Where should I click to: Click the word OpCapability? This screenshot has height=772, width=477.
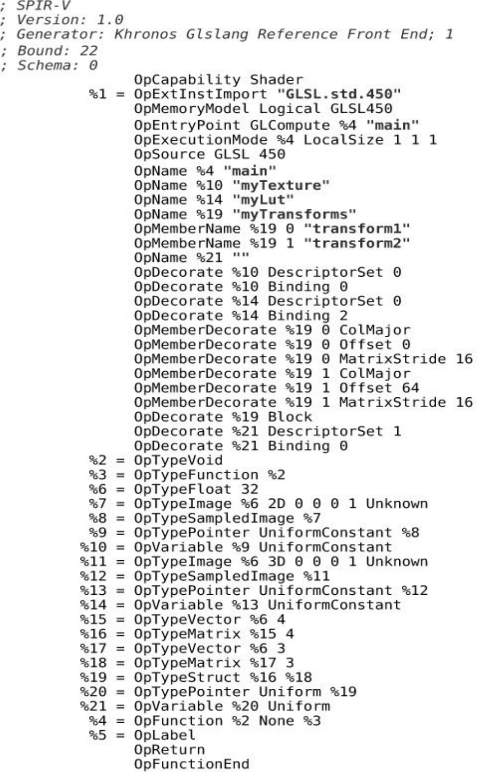187,80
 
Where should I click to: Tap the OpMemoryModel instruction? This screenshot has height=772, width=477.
191,109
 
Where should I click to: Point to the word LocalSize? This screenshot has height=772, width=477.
343,140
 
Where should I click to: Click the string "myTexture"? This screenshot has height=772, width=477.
281,186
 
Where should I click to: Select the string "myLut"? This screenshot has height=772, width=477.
263,200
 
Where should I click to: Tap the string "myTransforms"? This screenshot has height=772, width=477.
294,215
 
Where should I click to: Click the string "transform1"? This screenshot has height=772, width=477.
357,229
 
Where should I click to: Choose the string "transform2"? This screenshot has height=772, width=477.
357,243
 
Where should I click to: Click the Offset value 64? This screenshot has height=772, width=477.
410,388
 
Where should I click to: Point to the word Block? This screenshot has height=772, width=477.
290,417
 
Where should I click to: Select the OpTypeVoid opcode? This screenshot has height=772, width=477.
178,460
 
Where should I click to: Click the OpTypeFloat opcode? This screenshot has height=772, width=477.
182,489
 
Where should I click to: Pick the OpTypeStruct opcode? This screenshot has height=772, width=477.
187,677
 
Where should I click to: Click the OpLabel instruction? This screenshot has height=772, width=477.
165,736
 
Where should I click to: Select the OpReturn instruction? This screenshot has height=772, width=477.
169,750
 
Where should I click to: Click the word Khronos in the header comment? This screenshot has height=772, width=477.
146,34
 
